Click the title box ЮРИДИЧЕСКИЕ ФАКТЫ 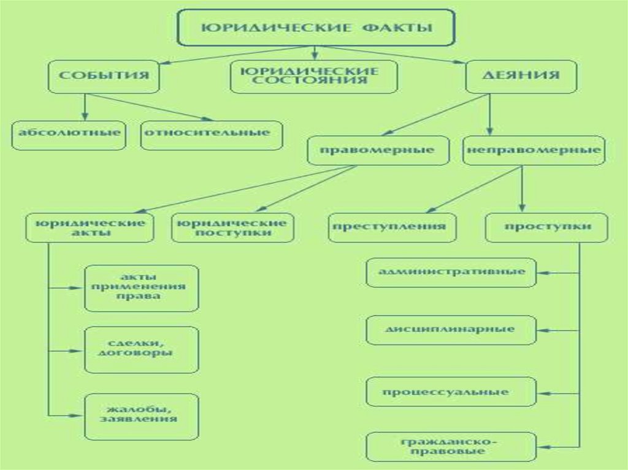316,28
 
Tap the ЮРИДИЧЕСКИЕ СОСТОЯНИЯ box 314,76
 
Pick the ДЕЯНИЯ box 521,76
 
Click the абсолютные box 68,133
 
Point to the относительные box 212,133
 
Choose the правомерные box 378,150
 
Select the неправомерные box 534,150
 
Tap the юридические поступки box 232,227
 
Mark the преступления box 392,227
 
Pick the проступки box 547,227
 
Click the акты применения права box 142,288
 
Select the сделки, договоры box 142,349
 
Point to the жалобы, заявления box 142,416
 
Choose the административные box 451,272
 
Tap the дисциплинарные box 451,330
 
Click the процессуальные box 451,392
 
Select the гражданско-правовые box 451,447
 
